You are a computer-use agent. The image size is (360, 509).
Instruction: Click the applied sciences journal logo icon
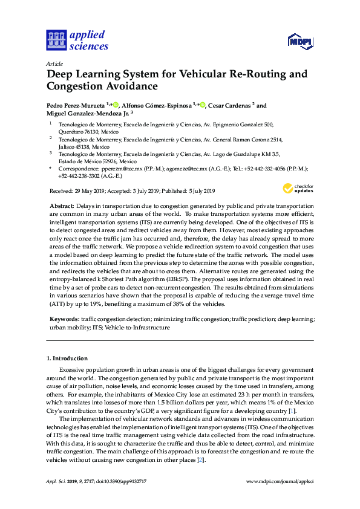(56, 40)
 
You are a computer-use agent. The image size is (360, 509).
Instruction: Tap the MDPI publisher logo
(300, 42)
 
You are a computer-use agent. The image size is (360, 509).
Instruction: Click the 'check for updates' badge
(304, 189)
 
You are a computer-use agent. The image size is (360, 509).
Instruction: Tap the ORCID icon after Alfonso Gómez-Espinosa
(202, 105)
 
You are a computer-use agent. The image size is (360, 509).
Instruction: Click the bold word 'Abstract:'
(62, 207)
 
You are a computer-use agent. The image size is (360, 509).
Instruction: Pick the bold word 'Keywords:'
(64, 317)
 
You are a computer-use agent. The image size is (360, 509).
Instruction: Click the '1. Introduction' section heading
(67, 358)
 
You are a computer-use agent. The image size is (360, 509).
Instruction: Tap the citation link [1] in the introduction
(292, 411)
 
